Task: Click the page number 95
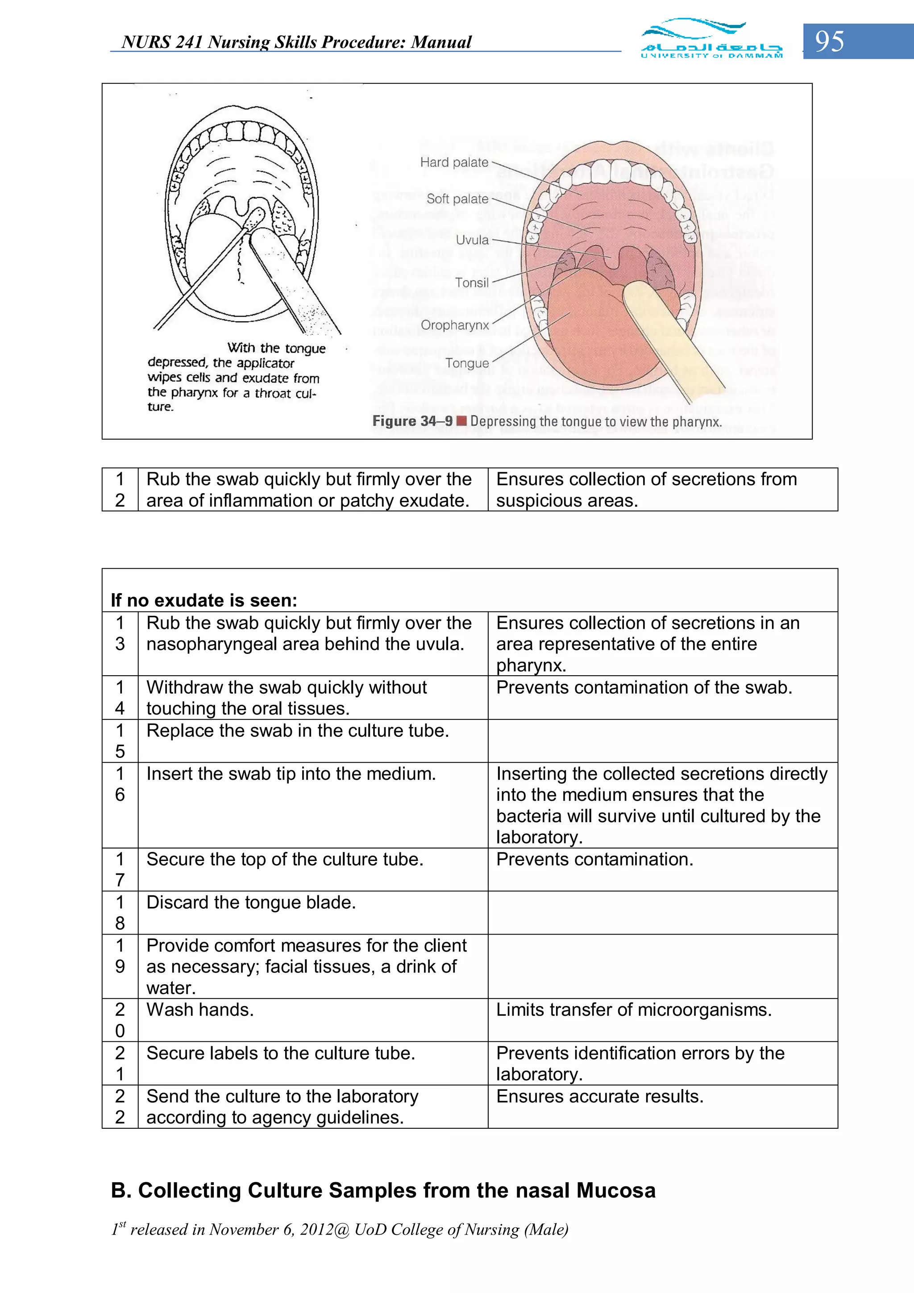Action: click(830, 41)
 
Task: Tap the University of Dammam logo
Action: click(711, 39)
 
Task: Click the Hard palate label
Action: click(454, 162)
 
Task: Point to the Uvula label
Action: click(472, 240)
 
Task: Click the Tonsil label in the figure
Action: click(471, 283)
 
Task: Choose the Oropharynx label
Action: click(454, 325)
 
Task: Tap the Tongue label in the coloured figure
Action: click(467, 363)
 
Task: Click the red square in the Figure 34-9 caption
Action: click(461, 421)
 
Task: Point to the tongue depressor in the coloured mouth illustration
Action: click(665, 332)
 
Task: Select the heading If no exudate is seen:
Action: click(204, 600)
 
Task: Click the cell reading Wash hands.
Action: click(200, 1010)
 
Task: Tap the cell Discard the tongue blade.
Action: click(251, 902)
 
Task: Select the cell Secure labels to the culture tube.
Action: click(280, 1053)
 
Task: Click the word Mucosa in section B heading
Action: click(615, 1190)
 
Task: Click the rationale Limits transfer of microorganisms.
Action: click(634, 1010)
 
